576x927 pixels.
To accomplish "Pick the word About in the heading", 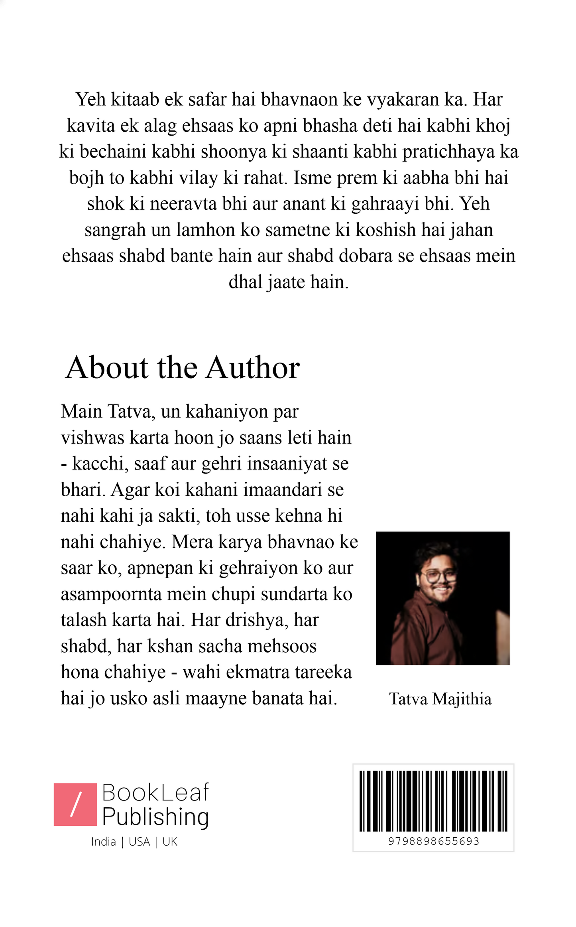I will click(107, 367).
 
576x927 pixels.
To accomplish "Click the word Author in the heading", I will click(253, 367).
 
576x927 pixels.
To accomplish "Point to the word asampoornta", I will click(111, 594).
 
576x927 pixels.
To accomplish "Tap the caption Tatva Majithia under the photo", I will click(440, 699).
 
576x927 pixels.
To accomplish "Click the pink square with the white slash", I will click(75, 804).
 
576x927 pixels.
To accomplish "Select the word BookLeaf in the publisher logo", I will click(155, 793).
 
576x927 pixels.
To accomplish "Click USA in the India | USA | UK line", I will click(139, 841).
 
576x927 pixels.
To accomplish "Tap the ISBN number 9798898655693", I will click(433, 841).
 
